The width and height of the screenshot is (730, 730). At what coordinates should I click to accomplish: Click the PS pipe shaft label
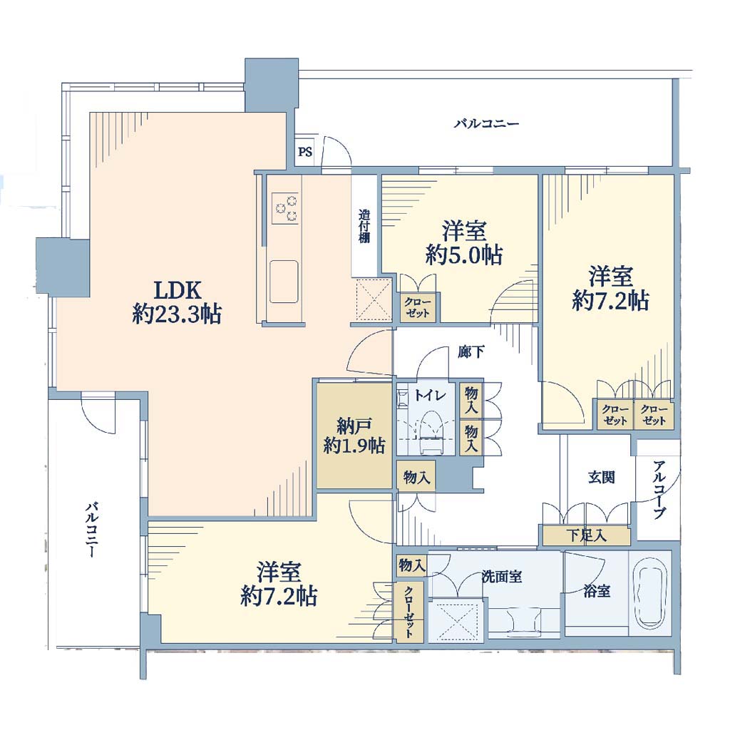(x=305, y=152)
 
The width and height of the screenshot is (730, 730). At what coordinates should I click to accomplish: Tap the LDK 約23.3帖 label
(x=177, y=302)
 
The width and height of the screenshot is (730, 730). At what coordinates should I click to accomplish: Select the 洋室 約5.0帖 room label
(x=464, y=243)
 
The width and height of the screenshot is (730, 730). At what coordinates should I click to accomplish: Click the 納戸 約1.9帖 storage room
(x=354, y=436)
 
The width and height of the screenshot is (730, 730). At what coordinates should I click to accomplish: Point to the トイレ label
(x=430, y=396)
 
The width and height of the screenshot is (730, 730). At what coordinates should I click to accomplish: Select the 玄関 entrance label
(x=601, y=477)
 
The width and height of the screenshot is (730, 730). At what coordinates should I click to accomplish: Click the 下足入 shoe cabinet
(x=587, y=535)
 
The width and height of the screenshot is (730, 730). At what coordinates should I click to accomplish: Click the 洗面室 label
(x=501, y=577)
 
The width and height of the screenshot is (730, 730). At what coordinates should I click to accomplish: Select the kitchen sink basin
(x=284, y=282)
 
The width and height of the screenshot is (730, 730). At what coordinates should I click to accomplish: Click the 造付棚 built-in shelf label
(x=364, y=227)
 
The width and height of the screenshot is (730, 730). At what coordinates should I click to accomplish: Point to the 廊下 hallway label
(x=471, y=352)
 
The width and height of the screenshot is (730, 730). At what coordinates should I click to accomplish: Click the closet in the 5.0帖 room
(x=418, y=307)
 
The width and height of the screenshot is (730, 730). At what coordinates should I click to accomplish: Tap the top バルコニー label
(x=486, y=124)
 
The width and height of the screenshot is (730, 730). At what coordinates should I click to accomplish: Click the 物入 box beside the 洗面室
(x=411, y=565)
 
